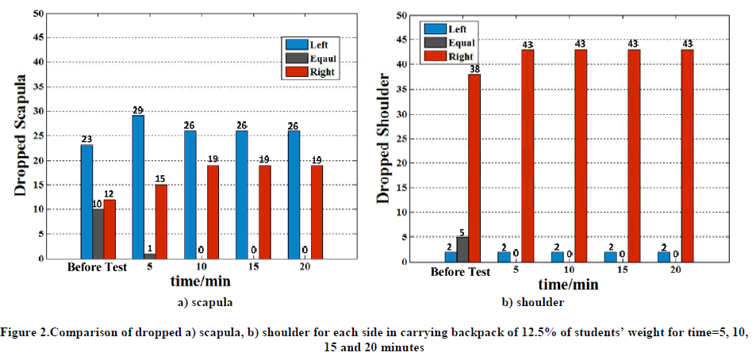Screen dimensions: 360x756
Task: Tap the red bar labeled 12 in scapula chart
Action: point(109,229)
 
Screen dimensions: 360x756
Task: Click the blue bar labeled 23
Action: point(86,201)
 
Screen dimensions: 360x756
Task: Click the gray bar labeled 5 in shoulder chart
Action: point(462,249)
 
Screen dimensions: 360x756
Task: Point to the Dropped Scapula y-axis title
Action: point(21,136)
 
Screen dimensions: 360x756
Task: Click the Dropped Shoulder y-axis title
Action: point(383,139)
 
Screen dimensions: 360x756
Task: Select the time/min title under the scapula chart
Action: point(198,281)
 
